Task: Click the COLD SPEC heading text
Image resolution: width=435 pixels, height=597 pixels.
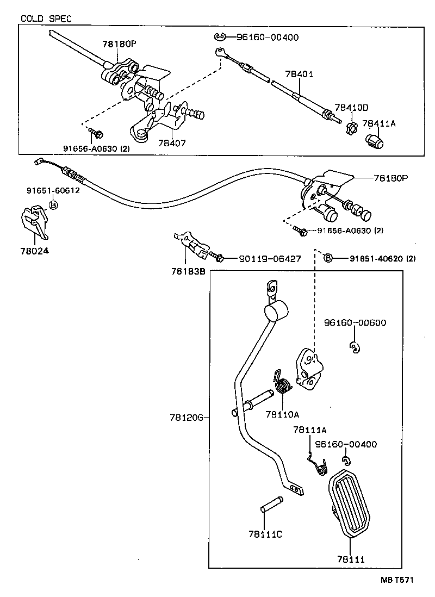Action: (x=46, y=18)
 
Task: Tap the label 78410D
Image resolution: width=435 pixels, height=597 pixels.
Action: (x=351, y=107)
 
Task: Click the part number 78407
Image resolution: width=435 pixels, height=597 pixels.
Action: (x=172, y=144)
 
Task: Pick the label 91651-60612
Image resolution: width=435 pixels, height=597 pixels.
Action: (x=53, y=190)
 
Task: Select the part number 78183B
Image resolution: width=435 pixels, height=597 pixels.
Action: (x=186, y=271)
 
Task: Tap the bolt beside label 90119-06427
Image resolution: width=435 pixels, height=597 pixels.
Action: (x=218, y=258)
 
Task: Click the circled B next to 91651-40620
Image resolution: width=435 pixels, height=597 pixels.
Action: (x=328, y=258)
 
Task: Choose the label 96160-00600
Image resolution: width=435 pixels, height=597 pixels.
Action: (x=355, y=322)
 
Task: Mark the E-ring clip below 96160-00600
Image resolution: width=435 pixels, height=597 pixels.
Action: (x=354, y=347)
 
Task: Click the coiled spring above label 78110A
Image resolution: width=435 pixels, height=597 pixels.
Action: (x=282, y=385)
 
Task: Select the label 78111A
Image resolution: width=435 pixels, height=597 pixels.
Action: (x=309, y=430)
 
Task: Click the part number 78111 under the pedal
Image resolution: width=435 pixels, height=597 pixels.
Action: (x=350, y=559)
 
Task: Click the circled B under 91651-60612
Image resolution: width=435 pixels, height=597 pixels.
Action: (x=53, y=205)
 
